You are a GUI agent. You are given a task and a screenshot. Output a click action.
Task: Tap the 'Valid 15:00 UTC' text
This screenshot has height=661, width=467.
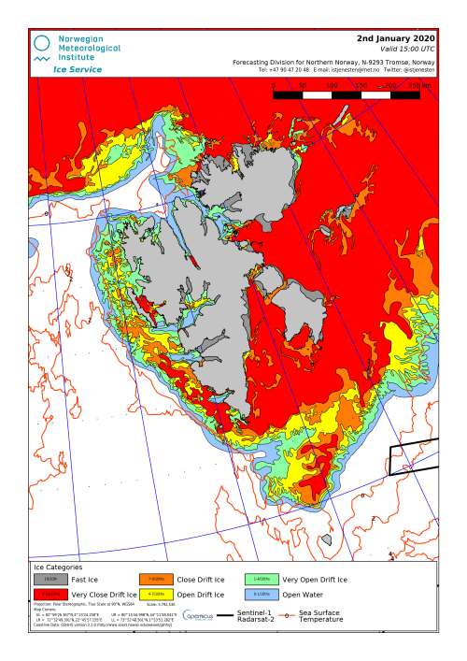[403, 49]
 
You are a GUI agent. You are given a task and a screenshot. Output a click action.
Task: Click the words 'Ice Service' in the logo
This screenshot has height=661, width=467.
[78, 69]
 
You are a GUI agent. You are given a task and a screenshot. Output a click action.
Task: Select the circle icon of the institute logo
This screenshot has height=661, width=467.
[42, 44]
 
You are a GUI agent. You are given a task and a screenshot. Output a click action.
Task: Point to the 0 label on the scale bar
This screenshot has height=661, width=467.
[273, 85]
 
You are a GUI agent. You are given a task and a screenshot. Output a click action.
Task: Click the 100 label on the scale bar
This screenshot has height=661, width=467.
[332, 85]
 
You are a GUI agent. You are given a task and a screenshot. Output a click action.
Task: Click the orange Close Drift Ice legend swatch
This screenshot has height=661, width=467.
[156, 580]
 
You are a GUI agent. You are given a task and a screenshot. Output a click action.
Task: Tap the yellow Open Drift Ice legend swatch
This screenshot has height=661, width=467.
[156, 595]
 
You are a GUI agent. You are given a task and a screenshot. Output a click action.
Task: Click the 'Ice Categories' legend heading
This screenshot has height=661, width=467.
[58, 567]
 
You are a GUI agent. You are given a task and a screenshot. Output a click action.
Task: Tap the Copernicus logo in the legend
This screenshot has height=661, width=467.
[199, 615]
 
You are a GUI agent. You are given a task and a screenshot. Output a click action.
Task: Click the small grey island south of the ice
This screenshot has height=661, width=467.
[325, 539]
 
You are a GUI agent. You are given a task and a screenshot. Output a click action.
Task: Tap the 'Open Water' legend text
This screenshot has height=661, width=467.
[303, 595]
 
